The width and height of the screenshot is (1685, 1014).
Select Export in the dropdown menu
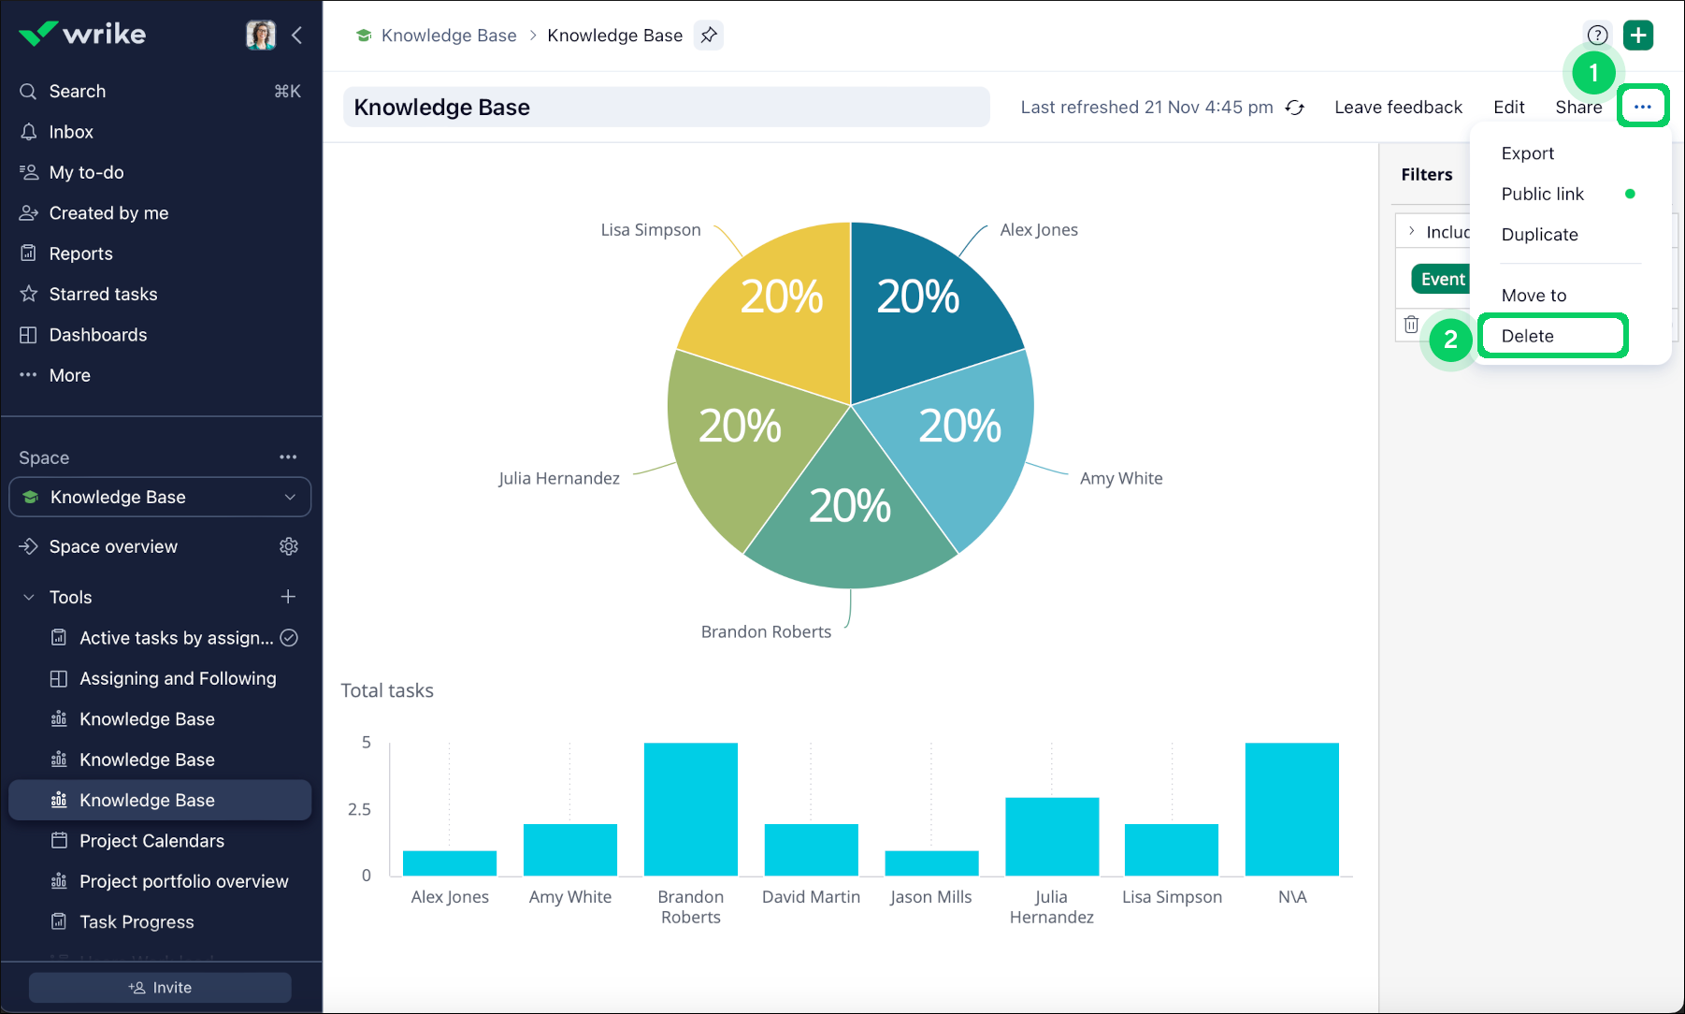click(1528, 153)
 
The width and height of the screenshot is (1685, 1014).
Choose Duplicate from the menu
click(1539, 235)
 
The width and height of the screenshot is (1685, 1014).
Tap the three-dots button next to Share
click(1643, 107)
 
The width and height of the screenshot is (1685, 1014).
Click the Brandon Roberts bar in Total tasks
click(691, 809)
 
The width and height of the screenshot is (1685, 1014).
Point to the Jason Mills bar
click(931, 862)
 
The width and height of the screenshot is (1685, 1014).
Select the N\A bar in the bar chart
click(1291, 809)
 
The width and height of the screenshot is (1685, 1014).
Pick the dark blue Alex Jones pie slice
click(926, 309)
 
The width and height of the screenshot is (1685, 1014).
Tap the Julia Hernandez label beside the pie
click(559, 479)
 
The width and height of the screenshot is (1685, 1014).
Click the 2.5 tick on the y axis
click(359, 809)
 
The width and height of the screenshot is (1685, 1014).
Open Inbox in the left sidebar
click(71, 132)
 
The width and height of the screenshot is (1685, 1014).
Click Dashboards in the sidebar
click(97, 335)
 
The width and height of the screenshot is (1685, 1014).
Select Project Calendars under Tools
click(151, 841)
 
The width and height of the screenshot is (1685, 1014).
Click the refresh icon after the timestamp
click(1295, 108)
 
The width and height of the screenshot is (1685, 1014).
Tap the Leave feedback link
click(1398, 108)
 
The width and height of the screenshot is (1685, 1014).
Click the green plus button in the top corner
click(1638, 36)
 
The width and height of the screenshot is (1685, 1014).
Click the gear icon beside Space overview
click(289, 546)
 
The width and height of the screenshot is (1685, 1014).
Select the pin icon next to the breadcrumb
click(709, 36)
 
